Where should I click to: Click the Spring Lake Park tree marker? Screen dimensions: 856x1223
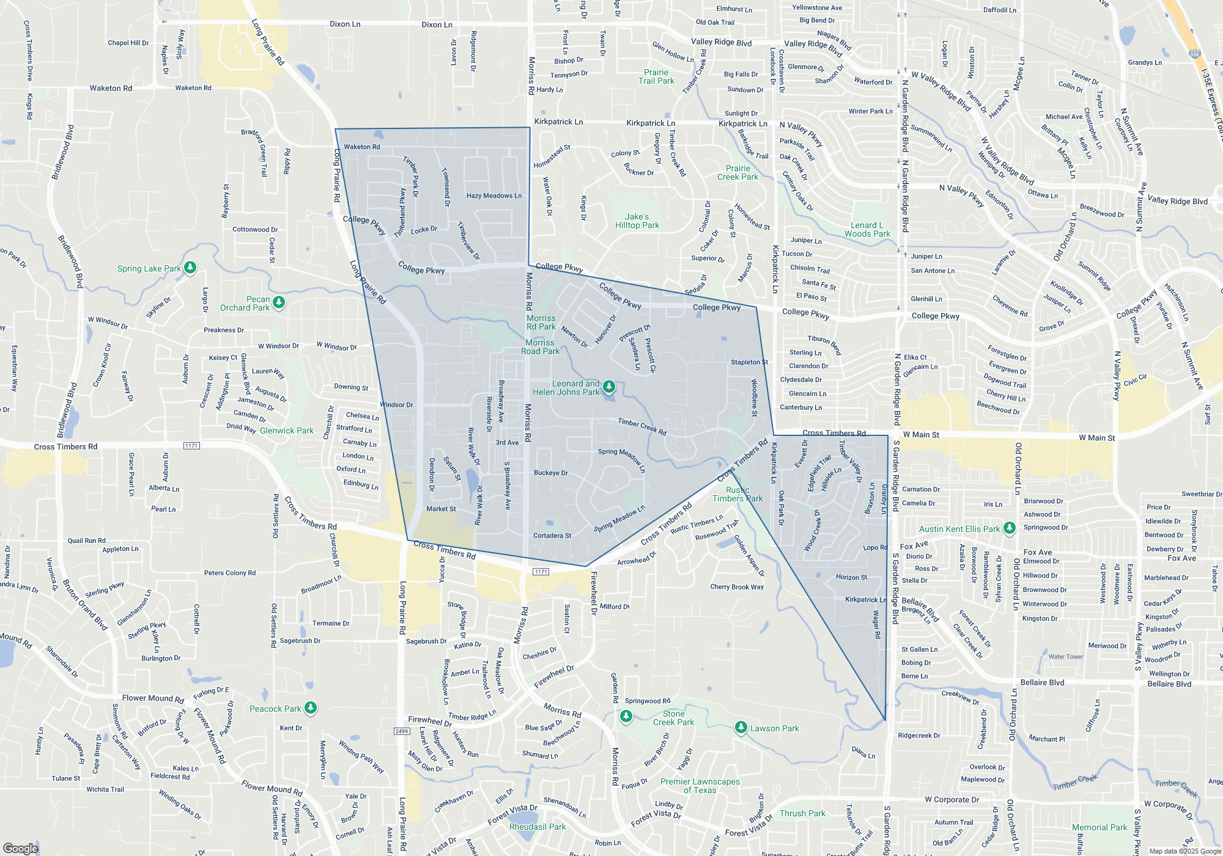(x=190, y=267)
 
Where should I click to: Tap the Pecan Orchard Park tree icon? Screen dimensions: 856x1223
(x=279, y=302)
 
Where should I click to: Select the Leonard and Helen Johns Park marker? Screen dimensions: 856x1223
(x=608, y=386)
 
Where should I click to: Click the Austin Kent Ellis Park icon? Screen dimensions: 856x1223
(x=1010, y=528)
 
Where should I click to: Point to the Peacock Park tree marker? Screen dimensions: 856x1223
(x=311, y=707)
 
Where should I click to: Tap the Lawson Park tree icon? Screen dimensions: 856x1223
(x=741, y=727)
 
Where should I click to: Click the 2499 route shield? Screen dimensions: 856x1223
(x=402, y=731)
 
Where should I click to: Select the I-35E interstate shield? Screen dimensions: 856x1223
(x=1195, y=54)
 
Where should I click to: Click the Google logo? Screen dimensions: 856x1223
(x=21, y=848)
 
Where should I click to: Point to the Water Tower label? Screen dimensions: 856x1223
(x=1066, y=657)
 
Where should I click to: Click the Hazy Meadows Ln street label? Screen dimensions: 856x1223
(x=493, y=196)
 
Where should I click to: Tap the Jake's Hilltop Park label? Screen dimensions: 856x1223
(x=637, y=221)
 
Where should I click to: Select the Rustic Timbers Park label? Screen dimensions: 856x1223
(x=737, y=494)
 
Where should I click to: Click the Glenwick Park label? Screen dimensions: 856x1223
(x=286, y=430)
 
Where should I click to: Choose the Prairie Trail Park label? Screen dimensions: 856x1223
(x=656, y=76)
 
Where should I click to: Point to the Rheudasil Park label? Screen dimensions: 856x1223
(x=538, y=827)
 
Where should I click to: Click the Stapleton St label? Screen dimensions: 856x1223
(x=749, y=362)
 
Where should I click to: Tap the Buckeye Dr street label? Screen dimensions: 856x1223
(x=550, y=473)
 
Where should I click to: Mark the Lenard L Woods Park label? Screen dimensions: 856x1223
(x=867, y=229)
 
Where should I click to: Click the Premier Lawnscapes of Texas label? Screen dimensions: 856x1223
(x=700, y=786)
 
